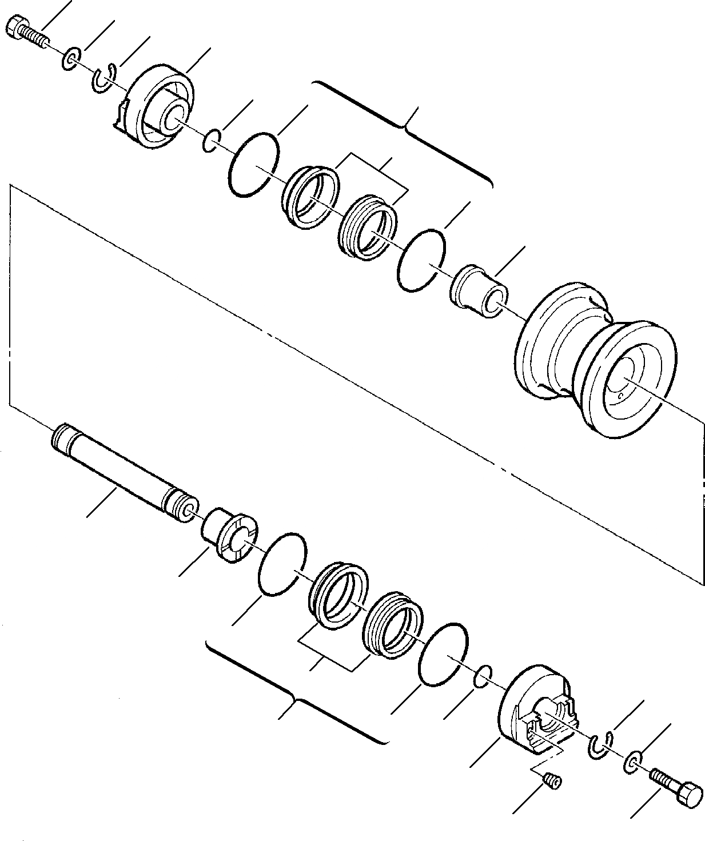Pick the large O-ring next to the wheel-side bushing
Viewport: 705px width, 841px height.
pos(421,261)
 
